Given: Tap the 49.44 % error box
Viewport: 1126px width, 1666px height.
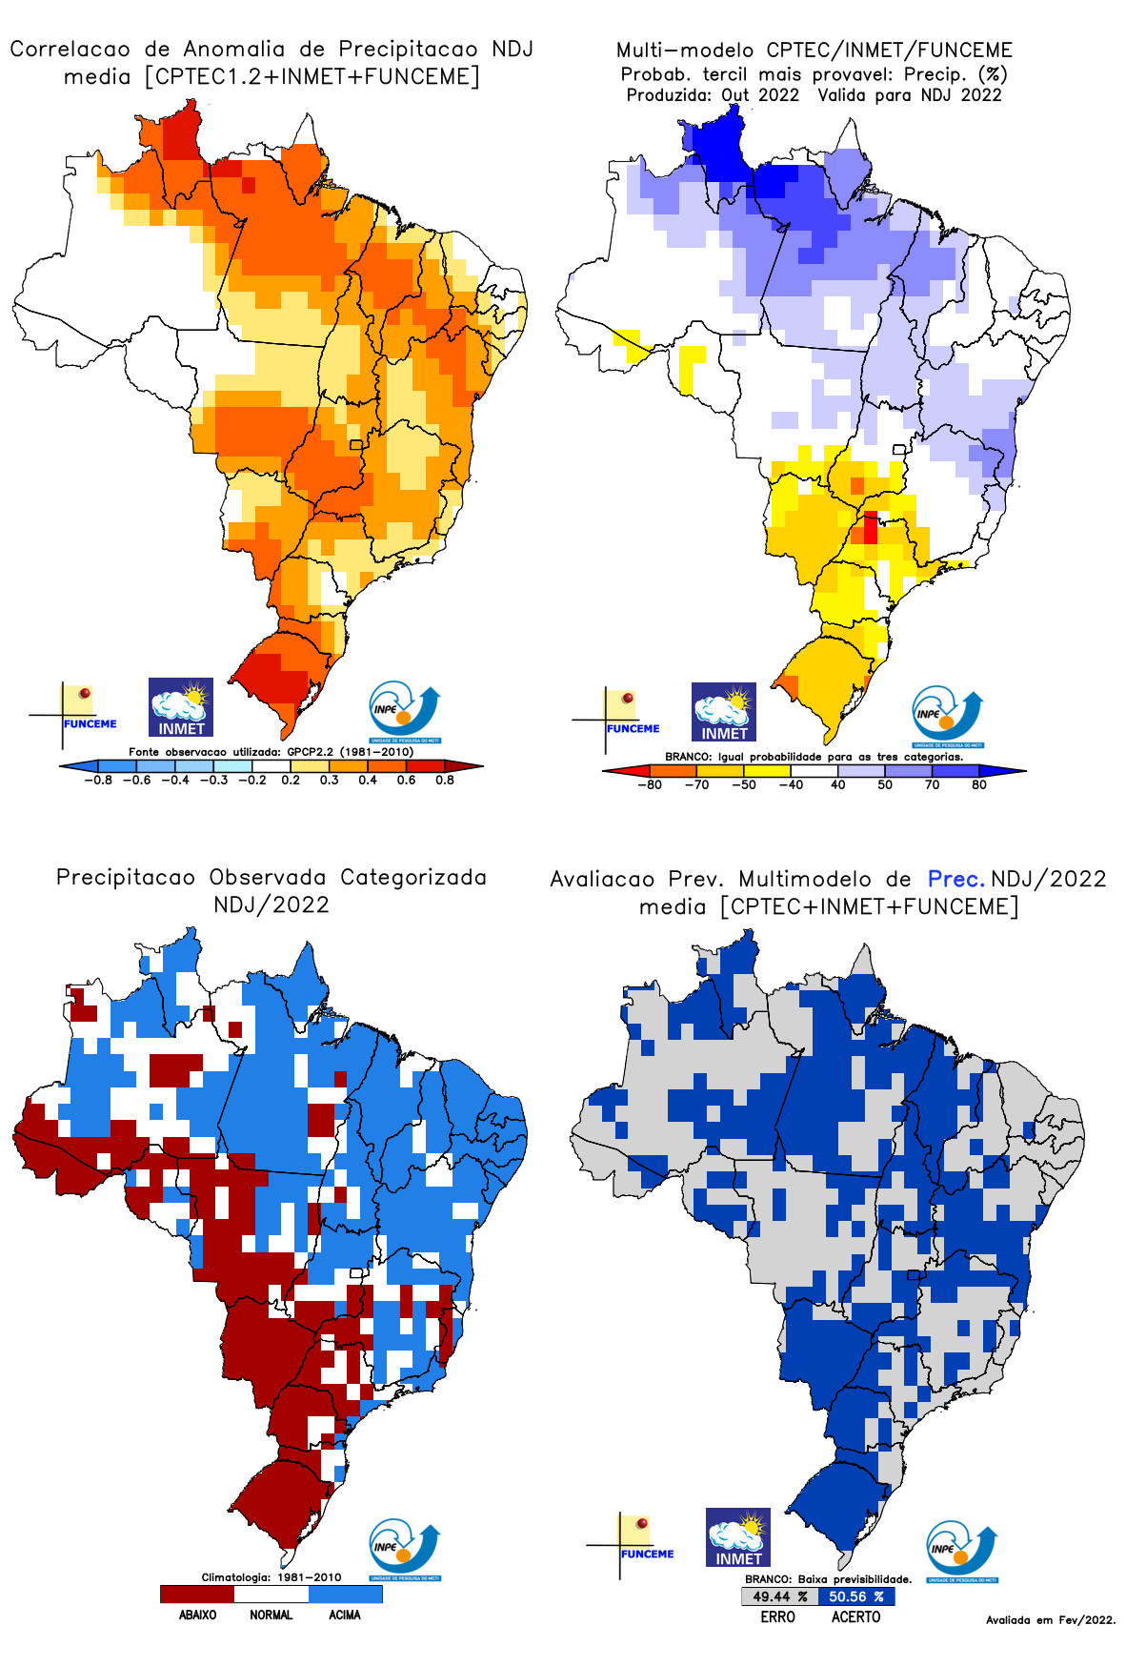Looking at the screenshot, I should coord(779,1596).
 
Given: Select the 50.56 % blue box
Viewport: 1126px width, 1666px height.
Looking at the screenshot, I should coord(855,1596).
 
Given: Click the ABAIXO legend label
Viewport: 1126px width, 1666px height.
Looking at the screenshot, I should coord(197,1615).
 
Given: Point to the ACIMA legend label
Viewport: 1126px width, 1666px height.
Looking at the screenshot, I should coord(345,1615).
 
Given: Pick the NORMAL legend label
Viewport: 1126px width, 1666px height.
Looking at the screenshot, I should coord(271,1615).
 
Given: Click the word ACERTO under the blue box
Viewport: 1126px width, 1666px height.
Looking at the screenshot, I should coord(855,1616).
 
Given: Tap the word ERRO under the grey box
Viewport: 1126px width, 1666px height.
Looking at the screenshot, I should coord(777,1616).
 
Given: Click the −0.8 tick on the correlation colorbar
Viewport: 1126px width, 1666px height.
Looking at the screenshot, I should coord(97,781).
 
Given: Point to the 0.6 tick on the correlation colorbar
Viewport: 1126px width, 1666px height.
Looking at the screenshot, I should coord(407,781).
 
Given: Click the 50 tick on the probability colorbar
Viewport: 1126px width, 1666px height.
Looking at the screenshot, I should coord(885,785).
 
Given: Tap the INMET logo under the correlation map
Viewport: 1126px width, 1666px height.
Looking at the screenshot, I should coord(181,707).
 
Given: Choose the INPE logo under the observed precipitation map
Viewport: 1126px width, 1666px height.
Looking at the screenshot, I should coord(405,1550).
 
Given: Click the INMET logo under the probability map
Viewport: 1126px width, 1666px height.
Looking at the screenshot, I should coord(724,712).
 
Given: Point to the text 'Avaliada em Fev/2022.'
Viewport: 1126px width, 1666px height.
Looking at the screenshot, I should coord(1050,1619).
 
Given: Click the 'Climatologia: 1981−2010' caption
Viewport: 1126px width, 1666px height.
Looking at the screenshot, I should coord(271,1577).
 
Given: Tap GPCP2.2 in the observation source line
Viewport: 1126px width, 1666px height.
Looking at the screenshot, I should coord(310,752).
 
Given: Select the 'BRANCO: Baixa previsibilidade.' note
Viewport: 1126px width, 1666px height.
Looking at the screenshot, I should coord(828,1579).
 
